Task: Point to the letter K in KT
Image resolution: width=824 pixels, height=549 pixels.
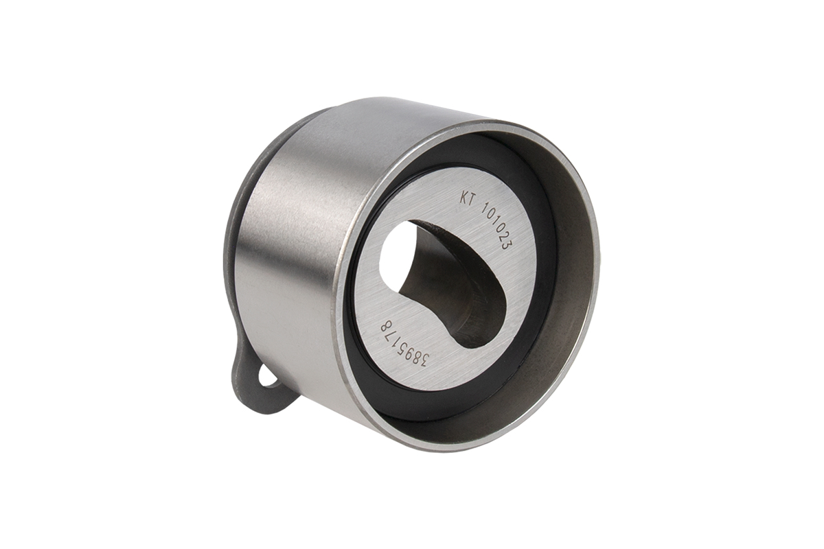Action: [462, 202]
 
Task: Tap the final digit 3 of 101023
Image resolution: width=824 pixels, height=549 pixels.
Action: [507, 245]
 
